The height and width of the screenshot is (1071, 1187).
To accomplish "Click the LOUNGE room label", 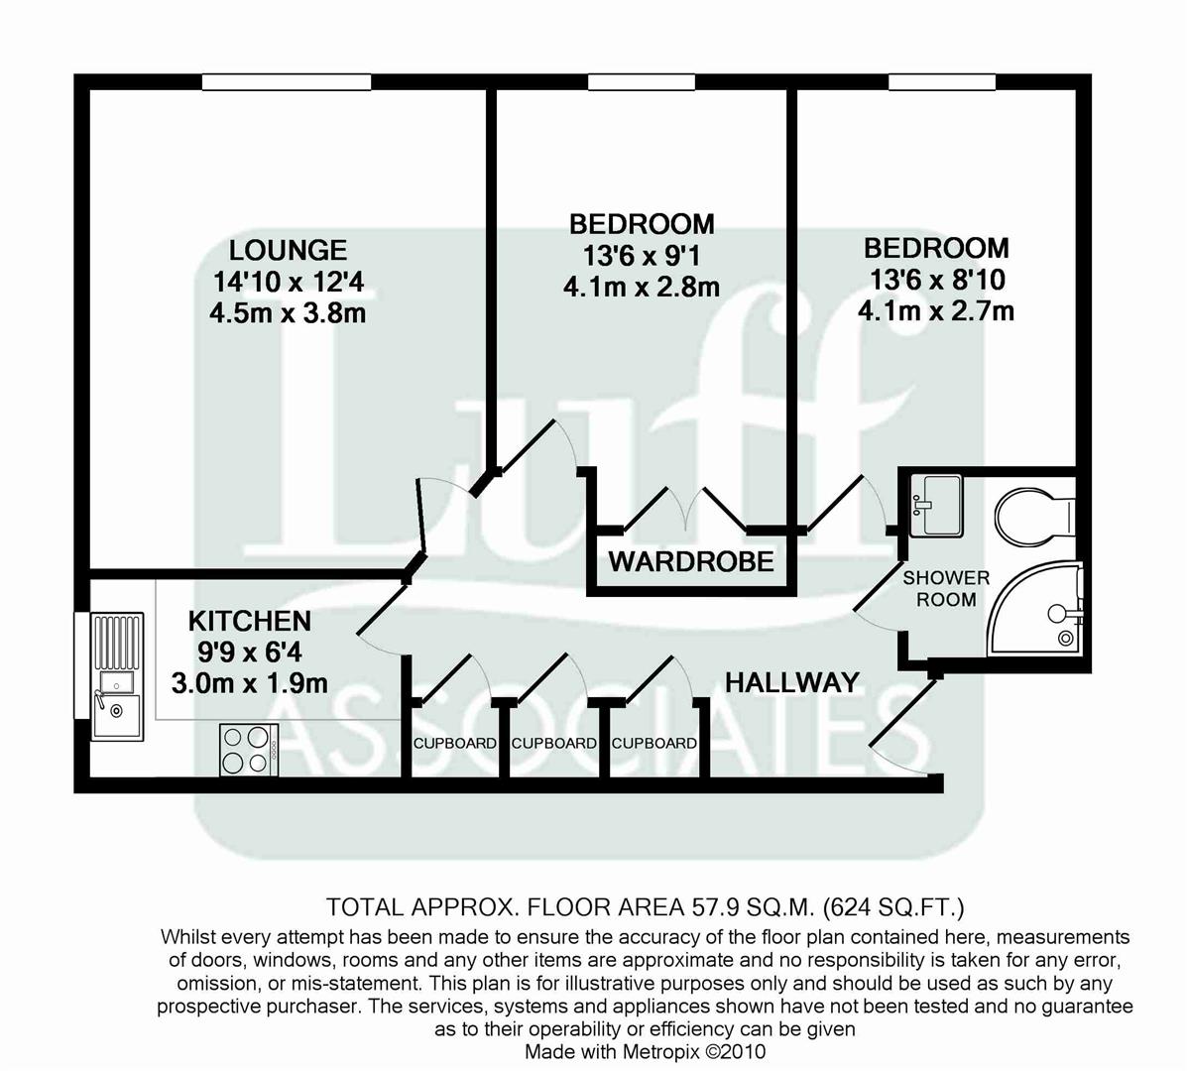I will tap(288, 249).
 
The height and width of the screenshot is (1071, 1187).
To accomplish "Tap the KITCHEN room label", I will tap(249, 621).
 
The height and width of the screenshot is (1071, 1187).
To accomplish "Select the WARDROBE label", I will tap(690, 561).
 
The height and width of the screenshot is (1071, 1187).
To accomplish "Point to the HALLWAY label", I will tap(791, 682).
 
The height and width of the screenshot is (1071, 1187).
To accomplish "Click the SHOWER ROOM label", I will tap(945, 588).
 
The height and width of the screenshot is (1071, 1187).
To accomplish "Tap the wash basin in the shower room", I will tap(935, 505).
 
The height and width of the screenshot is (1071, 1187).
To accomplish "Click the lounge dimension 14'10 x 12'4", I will tap(288, 282).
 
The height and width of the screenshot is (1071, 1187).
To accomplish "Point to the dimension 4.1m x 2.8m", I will tap(641, 288).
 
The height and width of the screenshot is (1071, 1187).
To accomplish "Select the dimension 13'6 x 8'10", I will tap(935, 280).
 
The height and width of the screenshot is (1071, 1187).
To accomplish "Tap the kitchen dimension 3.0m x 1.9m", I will tap(249, 683).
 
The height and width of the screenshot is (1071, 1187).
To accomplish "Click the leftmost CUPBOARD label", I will tap(454, 744).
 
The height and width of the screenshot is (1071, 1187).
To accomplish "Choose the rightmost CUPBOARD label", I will tap(653, 744).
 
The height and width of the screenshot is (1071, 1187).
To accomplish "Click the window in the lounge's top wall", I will tap(287, 82).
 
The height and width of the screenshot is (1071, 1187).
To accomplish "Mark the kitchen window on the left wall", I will tap(81, 664).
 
